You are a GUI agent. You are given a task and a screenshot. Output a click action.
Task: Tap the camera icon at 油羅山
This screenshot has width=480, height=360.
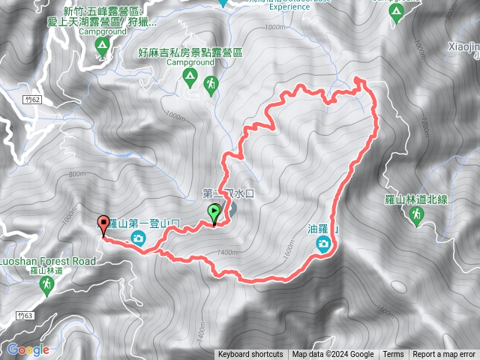click(323, 243)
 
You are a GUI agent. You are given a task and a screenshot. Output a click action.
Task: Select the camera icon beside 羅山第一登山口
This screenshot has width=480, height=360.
click(138, 238)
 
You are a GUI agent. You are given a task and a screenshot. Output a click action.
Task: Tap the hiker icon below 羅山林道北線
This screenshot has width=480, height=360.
click(416, 216)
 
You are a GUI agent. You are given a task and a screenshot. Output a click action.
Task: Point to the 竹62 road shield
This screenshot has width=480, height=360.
click(31, 98)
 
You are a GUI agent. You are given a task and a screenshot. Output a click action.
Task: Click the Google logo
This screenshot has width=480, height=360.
click(28, 349)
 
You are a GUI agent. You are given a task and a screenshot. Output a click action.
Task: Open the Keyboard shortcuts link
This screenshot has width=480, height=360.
click(250, 355)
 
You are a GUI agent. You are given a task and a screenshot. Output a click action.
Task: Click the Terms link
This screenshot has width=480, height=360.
click(393, 355)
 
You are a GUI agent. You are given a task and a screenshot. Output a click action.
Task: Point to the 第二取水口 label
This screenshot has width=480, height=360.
click(230, 193)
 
